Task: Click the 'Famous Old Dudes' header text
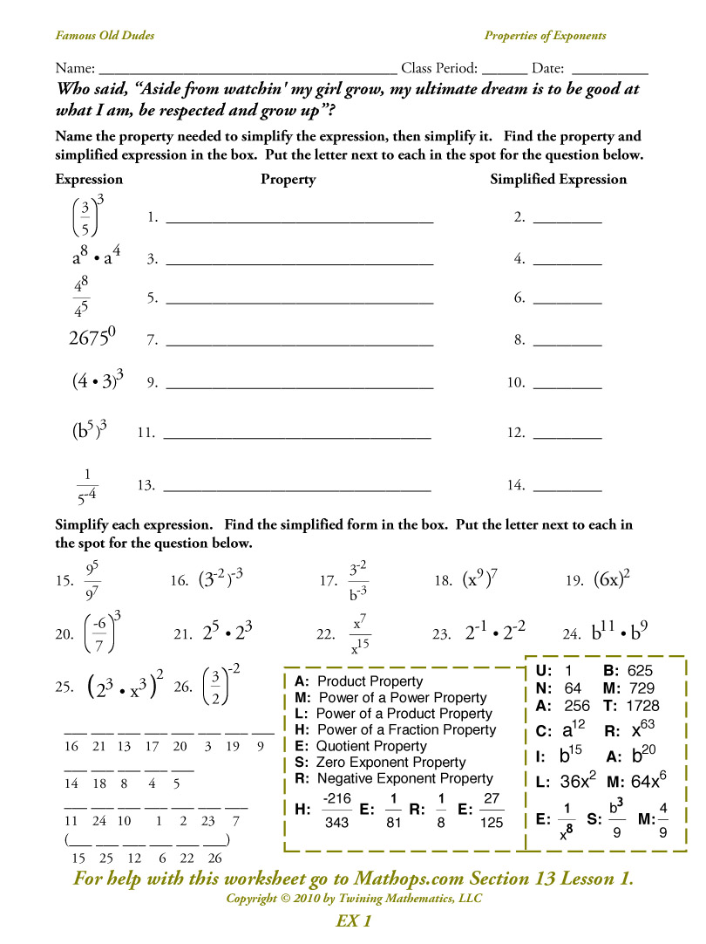click(105, 36)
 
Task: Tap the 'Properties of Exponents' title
click(545, 36)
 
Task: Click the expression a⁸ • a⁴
click(96, 257)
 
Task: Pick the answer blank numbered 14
click(567, 487)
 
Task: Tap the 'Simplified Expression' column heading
click(558, 179)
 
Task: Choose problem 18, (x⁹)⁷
click(479, 579)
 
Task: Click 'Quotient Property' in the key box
click(371, 746)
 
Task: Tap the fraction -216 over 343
click(336, 811)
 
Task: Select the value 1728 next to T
click(642, 705)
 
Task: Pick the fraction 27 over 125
click(491, 811)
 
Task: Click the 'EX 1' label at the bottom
click(353, 921)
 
